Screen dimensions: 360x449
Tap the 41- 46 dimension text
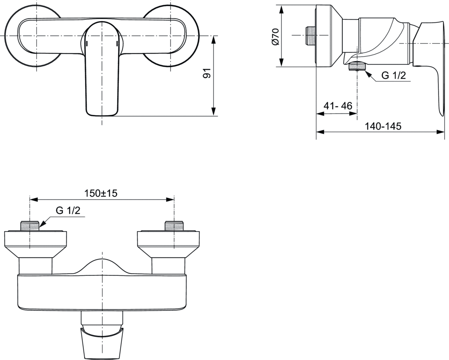pos(338,106)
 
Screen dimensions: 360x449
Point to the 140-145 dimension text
pos(383,126)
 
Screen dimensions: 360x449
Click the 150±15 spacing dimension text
pos(101,193)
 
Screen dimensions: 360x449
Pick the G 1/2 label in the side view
pos(393,75)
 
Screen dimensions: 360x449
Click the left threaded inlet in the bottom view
pos(30,226)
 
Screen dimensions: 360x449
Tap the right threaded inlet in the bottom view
pos(174,226)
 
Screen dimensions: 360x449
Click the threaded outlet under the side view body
pos(357,67)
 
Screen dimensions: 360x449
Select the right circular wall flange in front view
pos(175,35)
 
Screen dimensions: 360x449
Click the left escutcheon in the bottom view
pos(35,243)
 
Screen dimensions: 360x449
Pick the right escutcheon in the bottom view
pos(168,243)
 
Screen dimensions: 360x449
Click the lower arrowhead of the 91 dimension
pos(214,111)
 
